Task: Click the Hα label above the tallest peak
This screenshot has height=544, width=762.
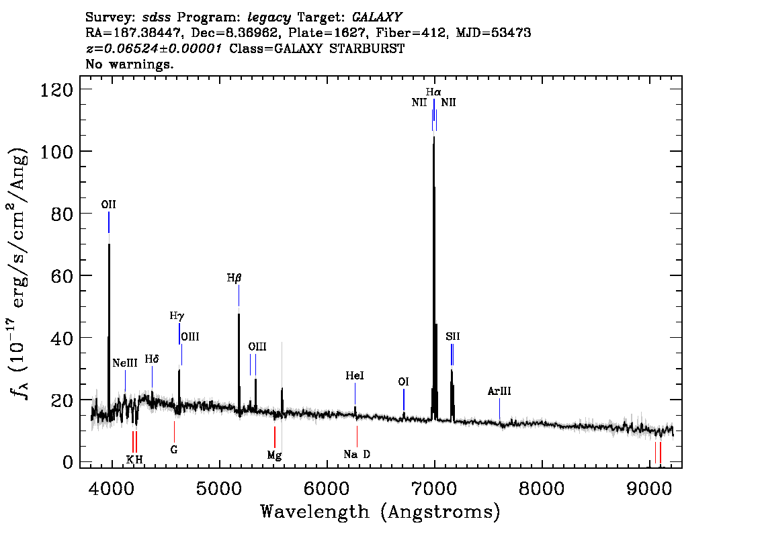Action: point(433,92)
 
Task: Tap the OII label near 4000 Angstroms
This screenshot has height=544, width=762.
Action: point(108,204)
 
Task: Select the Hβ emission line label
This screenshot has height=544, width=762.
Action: point(235,278)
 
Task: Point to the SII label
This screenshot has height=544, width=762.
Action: point(452,336)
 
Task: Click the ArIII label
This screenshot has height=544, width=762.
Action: point(499,391)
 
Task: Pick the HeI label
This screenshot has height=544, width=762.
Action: point(355,375)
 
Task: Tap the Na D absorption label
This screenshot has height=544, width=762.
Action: point(357,454)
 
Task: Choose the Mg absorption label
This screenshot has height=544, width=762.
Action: point(274,455)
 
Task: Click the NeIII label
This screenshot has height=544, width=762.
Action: point(125,363)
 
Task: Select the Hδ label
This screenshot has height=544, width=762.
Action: point(152,359)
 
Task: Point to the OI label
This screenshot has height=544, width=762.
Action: point(403,381)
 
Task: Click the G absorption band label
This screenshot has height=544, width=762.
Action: point(174,450)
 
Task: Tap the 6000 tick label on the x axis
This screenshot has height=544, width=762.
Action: point(327,488)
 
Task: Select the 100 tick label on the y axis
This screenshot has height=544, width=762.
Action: point(56,152)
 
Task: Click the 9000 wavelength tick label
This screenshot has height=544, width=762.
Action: point(648,488)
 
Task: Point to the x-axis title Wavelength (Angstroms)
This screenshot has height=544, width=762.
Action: point(380,512)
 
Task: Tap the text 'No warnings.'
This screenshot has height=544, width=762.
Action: point(129,64)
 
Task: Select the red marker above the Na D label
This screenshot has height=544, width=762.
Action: point(357,436)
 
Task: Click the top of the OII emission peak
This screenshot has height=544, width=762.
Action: point(109,244)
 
